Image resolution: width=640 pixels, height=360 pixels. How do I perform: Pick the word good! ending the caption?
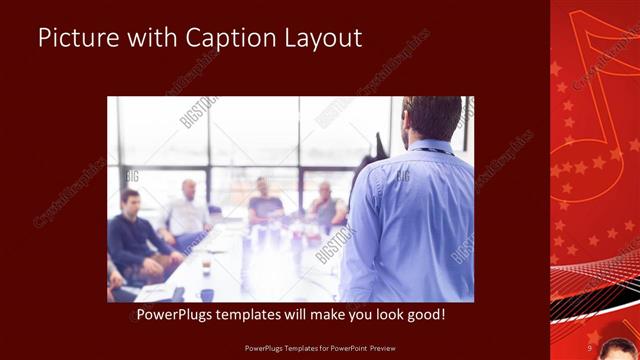[x=425, y=315]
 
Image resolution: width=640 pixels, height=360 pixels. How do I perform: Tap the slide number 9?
[x=590, y=348]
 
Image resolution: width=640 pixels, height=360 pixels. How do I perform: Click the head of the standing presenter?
[x=431, y=118]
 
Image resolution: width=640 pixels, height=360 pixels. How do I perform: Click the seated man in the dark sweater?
[x=134, y=238]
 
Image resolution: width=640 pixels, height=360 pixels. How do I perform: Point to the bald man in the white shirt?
[x=187, y=212]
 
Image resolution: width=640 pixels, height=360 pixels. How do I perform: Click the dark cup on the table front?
[x=207, y=293]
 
